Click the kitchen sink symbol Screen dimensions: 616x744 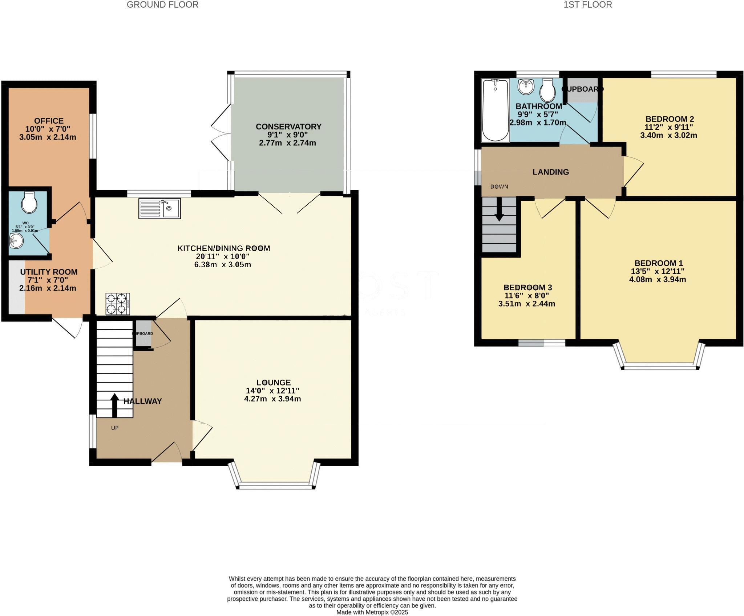159,209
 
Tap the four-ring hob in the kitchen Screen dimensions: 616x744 118,304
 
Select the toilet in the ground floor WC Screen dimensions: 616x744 29,202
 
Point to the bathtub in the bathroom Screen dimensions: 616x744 495,110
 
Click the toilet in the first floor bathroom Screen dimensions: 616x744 547,91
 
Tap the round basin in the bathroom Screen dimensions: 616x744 525,87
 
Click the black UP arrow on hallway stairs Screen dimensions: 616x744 114,405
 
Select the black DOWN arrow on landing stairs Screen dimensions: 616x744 499,209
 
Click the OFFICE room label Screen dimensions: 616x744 49,121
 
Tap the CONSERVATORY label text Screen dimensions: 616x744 288,127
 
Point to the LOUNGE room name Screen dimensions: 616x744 274,383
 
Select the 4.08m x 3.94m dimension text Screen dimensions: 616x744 658,279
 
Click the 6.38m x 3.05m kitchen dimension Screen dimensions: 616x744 223,264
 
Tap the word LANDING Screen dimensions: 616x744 551,172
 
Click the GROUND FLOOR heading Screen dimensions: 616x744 162,5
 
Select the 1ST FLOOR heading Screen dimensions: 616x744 588,5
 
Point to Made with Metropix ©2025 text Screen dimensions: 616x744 372,612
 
